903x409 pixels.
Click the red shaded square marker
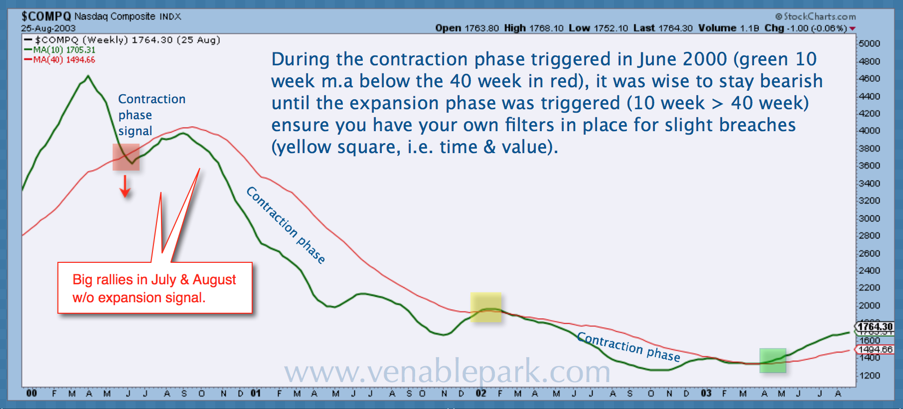click(x=126, y=157)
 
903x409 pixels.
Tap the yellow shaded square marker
click(x=486, y=307)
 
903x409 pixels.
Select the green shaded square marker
click(x=772, y=360)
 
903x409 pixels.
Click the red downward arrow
click(x=125, y=187)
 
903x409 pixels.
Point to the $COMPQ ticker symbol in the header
click(x=46, y=16)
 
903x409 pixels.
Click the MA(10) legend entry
click(x=60, y=50)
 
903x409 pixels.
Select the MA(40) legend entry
click(x=60, y=60)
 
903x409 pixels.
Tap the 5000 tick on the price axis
click(x=870, y=43)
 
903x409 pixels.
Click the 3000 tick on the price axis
click(x=870, y=218)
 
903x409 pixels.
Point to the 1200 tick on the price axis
click(x=870, y=375)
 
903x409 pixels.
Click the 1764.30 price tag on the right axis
click(x=875, y=327)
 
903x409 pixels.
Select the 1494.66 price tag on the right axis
click(x=875, y=350)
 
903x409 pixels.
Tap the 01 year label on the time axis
click(x=256, y=393)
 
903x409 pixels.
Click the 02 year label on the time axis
click(x=481, y=393)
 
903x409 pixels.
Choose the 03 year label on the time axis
click(x=706, y=393)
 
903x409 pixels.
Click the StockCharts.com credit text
click(x=815, y=16)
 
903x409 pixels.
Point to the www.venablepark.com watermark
click(x=447, y=372)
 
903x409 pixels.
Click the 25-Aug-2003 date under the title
click(x=48, y=28)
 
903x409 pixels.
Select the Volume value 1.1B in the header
click(x=750, y=28)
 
